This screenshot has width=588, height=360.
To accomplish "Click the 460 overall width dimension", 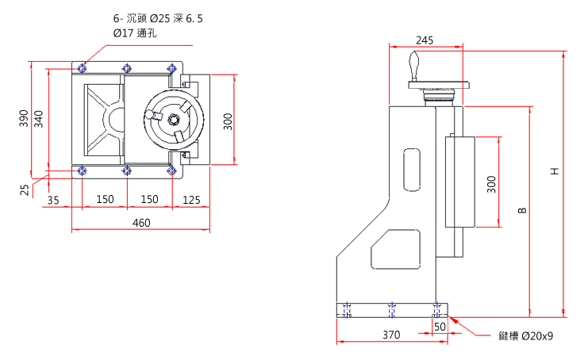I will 140,224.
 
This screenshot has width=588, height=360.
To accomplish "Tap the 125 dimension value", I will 191,199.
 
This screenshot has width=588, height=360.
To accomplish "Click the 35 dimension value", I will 53,199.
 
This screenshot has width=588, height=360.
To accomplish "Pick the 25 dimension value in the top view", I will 25,190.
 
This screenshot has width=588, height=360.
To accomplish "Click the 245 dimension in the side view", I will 425,40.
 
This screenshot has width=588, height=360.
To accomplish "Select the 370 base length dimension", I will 390,335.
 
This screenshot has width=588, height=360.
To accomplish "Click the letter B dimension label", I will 521,210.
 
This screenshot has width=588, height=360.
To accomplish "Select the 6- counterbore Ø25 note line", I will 158,17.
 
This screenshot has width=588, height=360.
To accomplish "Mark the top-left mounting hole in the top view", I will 82,68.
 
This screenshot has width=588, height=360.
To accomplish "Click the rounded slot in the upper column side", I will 412,169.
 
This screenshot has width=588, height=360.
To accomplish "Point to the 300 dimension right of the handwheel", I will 227,121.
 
